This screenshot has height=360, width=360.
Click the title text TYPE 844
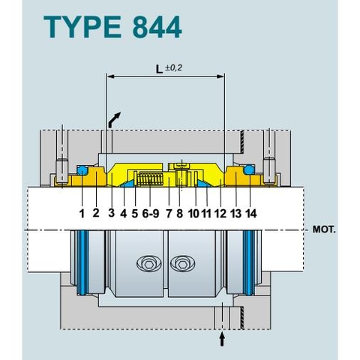tap(113, 27)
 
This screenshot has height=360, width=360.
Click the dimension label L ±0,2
tap(166, 69)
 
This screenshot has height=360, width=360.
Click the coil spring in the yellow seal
tap(151, 180)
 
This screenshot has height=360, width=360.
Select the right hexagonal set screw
tap(182, 264)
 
